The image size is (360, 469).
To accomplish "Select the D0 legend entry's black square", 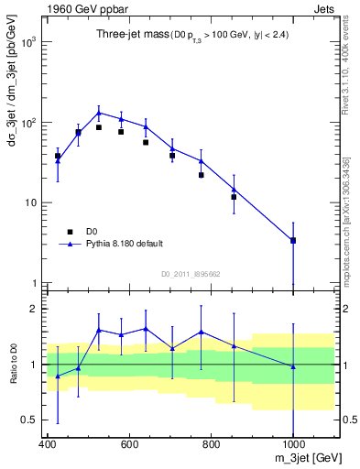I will click(x=69, y=232).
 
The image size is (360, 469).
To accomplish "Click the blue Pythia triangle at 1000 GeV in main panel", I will click(x=293, y=240).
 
